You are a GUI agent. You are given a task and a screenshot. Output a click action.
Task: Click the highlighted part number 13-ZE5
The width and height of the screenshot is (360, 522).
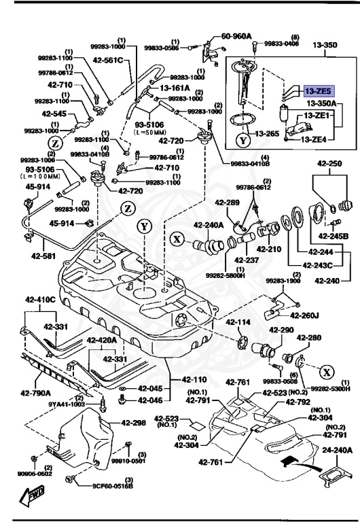[x=317, y=90]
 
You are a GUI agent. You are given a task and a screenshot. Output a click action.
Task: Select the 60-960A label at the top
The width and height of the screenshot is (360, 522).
[x=236, y=36]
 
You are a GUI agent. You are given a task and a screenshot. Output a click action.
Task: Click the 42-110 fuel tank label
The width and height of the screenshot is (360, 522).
[x=195, y=379]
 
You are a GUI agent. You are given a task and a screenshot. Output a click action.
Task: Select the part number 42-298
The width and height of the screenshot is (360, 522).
[x=134, y=423]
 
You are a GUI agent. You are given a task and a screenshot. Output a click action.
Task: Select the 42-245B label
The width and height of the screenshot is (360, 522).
[x=335, y=236]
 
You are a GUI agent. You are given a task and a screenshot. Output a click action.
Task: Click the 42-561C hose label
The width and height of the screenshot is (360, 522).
[x=109, y=60]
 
